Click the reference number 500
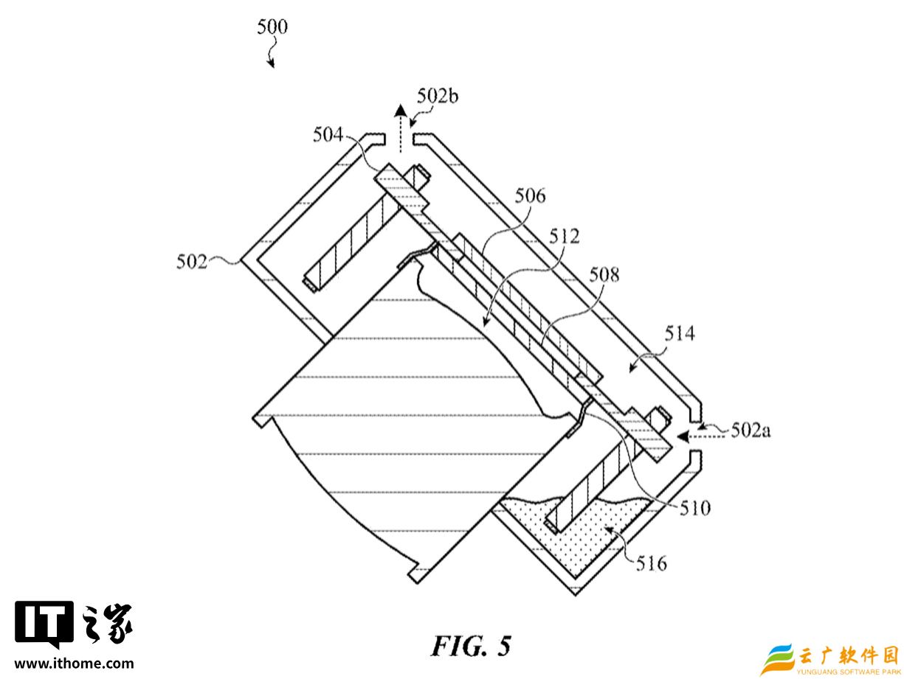tap(272, 27)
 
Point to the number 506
tap(531, 196)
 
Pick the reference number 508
tap(604, 275)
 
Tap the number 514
tap(680, 334)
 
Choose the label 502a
tap(751, 430)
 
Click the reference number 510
tap(695, 507)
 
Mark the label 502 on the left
tap(192, 261)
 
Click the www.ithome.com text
tap(75, 663)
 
